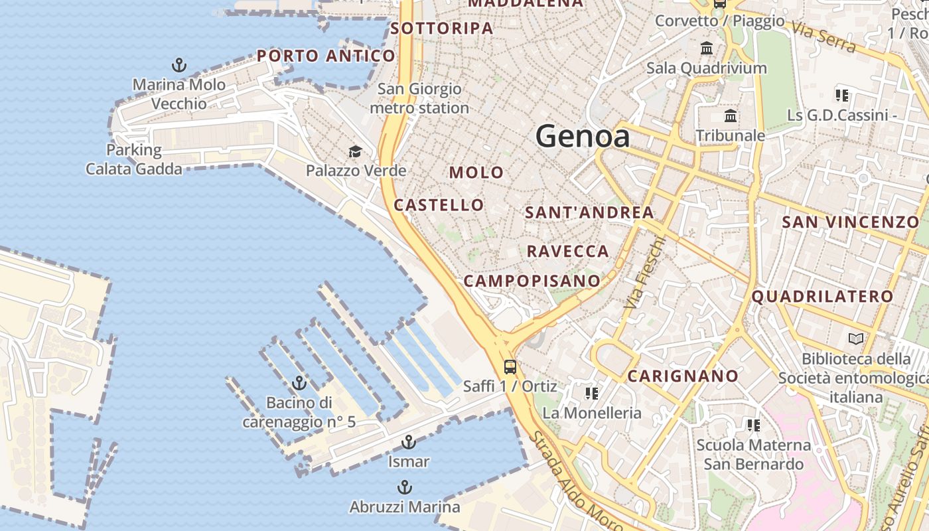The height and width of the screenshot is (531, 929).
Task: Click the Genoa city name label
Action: [x=582, y=136]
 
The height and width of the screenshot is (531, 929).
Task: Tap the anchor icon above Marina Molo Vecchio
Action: [x=179, y=65]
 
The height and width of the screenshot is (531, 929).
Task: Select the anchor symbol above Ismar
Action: [x=409, y=442]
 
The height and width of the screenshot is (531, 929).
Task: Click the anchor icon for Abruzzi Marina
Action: [x=404, y=488]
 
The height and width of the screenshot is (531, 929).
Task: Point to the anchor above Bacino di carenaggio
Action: [x=299, y=383]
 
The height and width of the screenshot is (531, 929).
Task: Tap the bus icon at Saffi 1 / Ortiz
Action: [x=510, y=366]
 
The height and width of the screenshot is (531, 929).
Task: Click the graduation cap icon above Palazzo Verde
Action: [x=356, y=152]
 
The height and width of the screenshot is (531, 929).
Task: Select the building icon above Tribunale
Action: [x=731, y=116]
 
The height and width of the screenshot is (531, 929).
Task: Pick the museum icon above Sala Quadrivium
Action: [x=707, y=48]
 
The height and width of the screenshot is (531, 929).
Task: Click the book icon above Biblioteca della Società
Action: [x=855, y=339]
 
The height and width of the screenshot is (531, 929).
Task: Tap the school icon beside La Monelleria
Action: [x=592, y=394]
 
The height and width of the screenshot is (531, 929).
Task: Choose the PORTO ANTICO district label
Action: [x=326, y=56]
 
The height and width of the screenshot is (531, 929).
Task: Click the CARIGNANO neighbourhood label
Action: [x=683, y=376]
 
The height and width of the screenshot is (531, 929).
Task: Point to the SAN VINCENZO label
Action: [x=850, y=222]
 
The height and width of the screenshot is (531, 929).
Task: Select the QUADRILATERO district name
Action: [x=822, y=296]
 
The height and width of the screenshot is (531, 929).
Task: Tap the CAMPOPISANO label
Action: [x=532, y=281]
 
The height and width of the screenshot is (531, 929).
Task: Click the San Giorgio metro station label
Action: [x=419, y=98]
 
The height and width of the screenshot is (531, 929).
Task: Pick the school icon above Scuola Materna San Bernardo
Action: [x=753, y=425]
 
